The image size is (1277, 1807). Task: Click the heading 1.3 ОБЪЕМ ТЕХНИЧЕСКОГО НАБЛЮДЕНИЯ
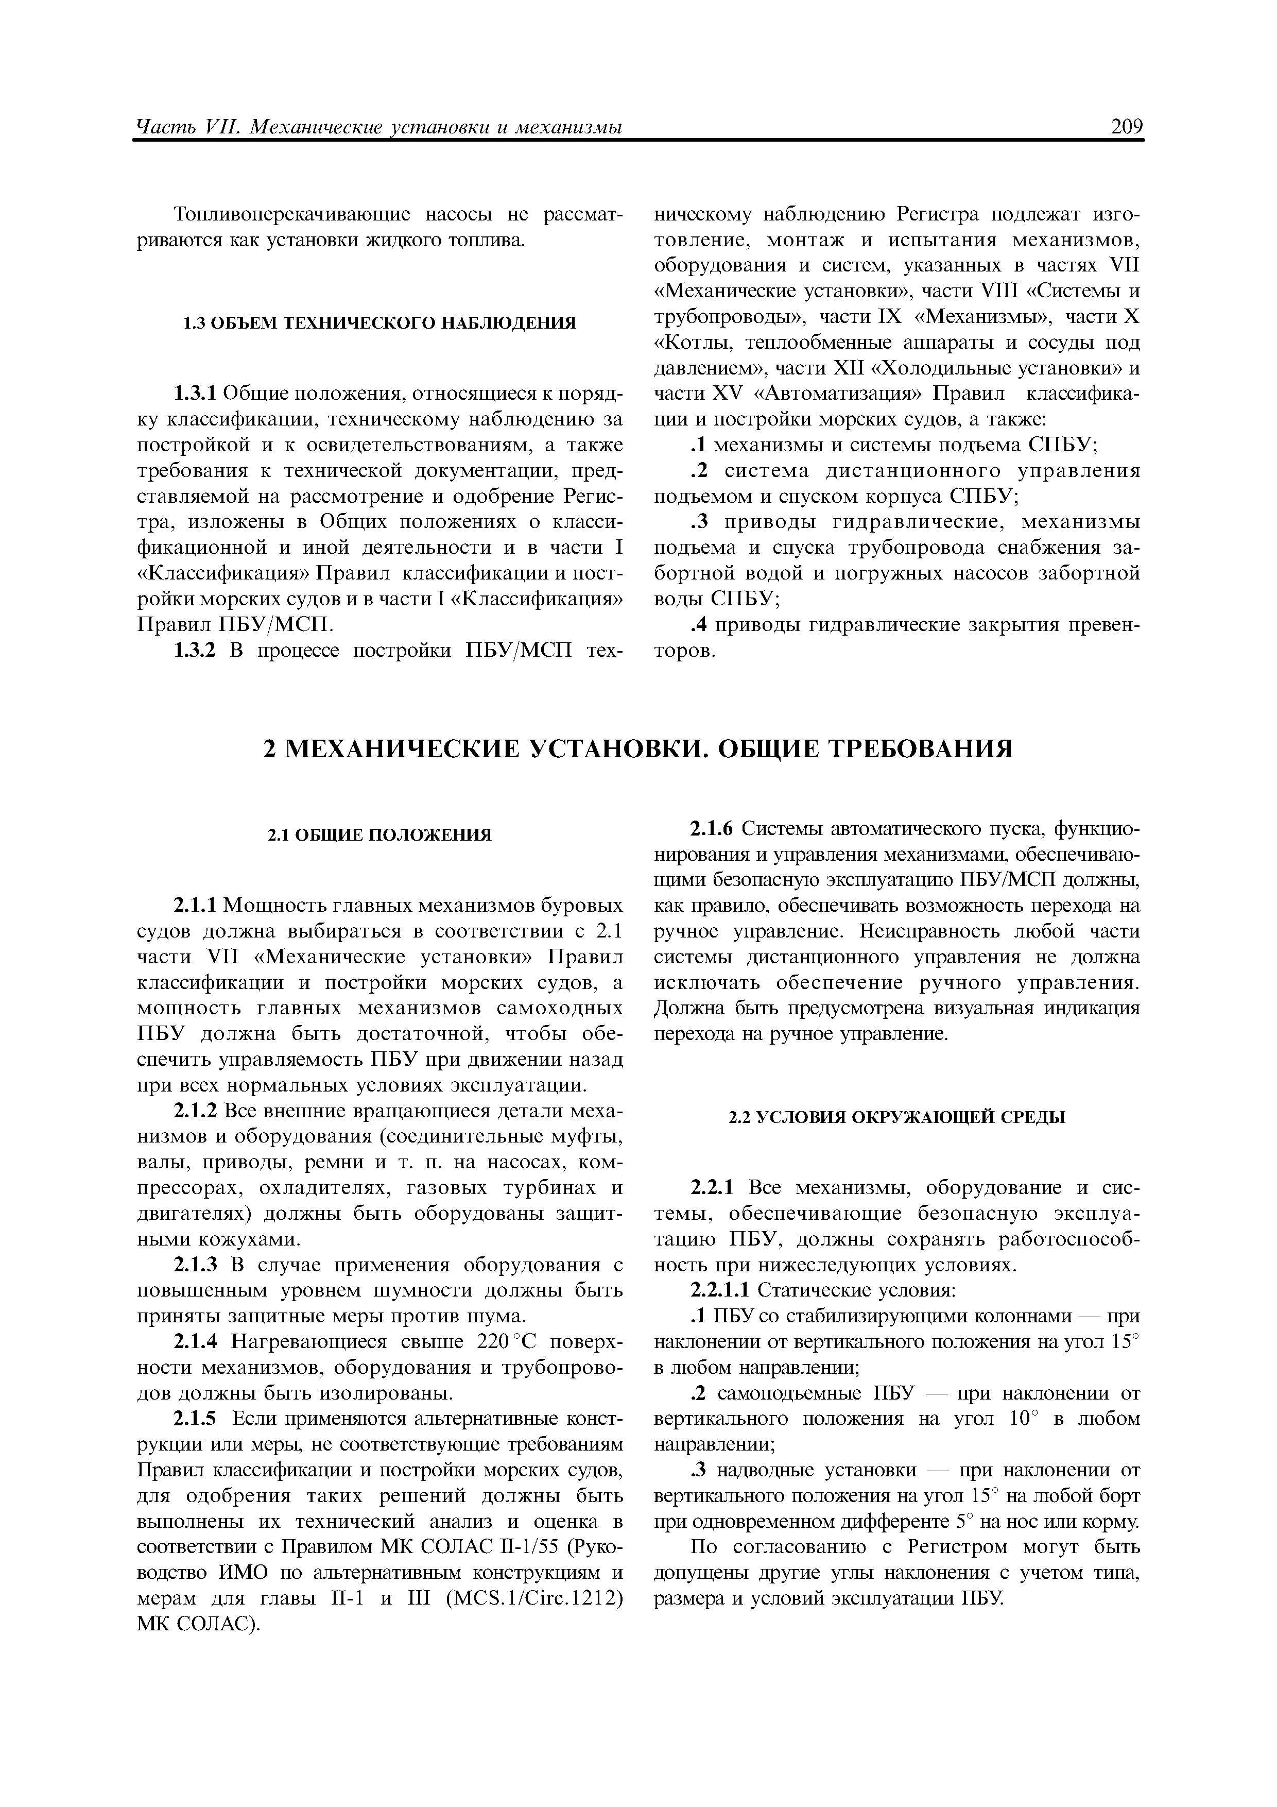click(x=380, y=322)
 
